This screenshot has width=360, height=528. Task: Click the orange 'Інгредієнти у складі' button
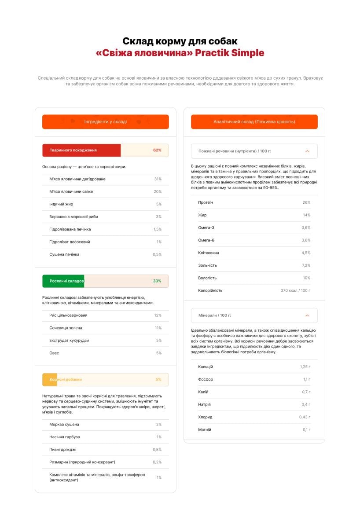tap(106, 122)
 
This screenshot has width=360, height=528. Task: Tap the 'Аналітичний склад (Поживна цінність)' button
tap(254, 122)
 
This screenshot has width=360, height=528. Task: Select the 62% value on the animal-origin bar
tap(157, 150)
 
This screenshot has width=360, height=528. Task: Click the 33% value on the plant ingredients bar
tap(157, 281)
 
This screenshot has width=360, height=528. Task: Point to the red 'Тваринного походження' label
tap(73, 150)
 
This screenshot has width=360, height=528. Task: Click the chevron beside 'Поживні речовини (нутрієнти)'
tap(307, 151)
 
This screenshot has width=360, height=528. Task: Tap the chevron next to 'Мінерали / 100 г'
tap(307, 315)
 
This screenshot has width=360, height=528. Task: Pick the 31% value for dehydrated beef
tap(158, 179)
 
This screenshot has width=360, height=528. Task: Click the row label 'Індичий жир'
tap(62, 204)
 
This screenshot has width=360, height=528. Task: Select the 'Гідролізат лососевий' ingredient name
tap(70, 242)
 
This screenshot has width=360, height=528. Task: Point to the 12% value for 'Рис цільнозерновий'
tap(158, 315)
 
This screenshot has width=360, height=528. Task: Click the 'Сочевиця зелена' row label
tap(66, 328)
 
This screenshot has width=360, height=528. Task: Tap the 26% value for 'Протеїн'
tap(306, 202)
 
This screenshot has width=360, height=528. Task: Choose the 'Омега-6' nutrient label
tap(206, 240)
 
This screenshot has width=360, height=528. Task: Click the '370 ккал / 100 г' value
tap(295, 290)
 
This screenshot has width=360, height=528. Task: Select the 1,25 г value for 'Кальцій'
tap(305, 367)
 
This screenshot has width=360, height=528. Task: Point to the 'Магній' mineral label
tap(205, 429)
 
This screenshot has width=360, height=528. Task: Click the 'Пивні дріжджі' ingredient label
tap(63, 449)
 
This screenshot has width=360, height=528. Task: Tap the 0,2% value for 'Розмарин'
tap(157, 462)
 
